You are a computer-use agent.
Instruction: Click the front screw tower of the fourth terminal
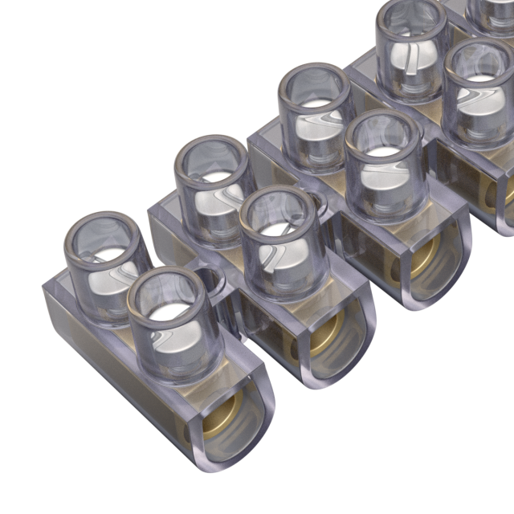(479, 88)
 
